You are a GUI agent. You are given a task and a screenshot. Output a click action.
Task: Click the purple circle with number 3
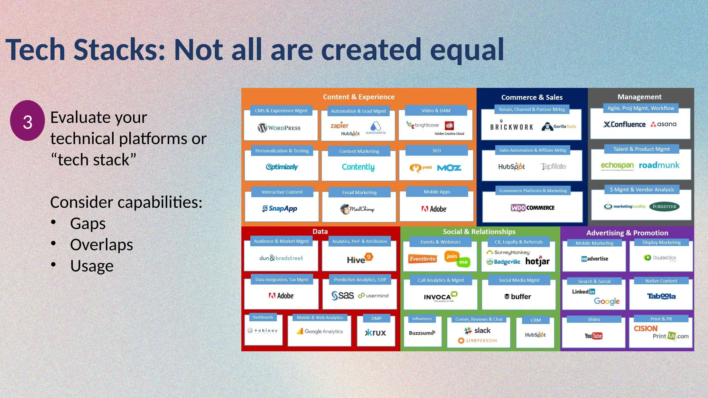click(x=27, y=121)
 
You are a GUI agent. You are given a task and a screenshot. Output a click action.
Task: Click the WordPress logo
click(x=279, y=128)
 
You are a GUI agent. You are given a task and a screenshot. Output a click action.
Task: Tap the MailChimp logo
click(x=357, y=209)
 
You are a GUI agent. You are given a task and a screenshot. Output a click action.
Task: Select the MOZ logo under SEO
click(x=449, y=168)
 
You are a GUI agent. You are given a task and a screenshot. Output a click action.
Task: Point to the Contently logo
click(x=358, y=167)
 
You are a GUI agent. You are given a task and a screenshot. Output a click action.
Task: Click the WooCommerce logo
click(x=532, y=208)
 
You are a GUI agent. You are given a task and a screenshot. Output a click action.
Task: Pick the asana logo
click(x=663, y=124)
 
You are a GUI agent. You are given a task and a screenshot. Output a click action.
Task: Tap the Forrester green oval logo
click(x=664, y=207)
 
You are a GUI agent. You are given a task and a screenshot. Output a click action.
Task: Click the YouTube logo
click(x=593, y=336)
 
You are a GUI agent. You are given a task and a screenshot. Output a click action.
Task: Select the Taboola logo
click(x=661, y=296)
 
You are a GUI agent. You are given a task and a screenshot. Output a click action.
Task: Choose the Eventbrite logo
click(x=422, y=259)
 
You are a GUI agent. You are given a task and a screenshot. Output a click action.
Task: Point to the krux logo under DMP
click(x=375, y=333)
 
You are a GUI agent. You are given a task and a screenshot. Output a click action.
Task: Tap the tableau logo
click(x=263, y=331)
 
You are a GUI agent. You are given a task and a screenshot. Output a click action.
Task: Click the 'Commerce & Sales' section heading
click(x=532, y=97)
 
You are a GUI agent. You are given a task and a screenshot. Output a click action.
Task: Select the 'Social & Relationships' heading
click(x=479, y=232)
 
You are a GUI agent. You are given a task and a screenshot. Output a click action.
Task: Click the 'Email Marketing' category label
click(x=359, y=192)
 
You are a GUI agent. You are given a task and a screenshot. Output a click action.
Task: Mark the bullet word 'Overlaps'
click(x=101, y=245)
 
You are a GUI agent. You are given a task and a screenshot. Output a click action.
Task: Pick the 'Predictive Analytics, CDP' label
click(x=360, y=279)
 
